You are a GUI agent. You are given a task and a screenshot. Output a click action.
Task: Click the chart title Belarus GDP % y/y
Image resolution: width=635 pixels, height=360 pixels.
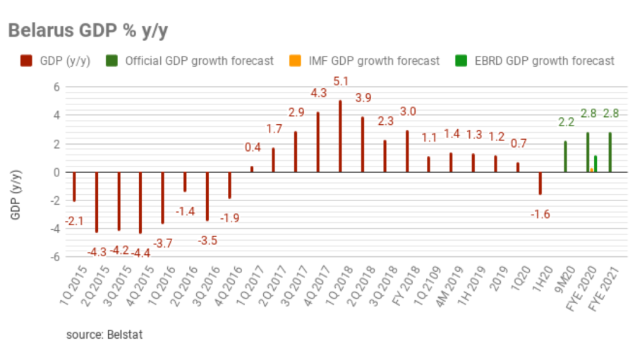88,30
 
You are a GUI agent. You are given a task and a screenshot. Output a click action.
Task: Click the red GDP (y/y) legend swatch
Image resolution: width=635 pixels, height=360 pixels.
23,61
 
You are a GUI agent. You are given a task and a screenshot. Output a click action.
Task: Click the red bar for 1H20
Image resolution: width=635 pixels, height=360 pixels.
540,183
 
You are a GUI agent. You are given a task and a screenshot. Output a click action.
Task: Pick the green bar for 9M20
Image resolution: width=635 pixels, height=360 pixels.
565,156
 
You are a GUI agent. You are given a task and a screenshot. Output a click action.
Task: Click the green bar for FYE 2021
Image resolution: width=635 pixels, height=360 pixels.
610,152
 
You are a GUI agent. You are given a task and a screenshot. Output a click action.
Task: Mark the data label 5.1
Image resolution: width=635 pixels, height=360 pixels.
341,81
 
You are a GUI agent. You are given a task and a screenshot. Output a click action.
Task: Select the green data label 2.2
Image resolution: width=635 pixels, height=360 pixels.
566,121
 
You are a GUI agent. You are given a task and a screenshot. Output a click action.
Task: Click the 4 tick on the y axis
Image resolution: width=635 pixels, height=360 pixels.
57,115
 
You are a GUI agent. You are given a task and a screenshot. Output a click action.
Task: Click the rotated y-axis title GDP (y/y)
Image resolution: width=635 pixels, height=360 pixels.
15,195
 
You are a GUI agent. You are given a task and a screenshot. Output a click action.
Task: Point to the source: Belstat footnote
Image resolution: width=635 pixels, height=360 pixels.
104,334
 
